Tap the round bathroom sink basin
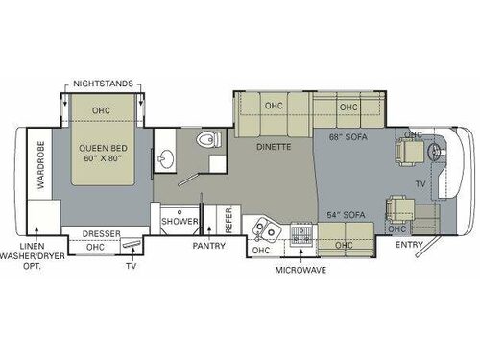point(165,157)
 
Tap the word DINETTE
point(275,149)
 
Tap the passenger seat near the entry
point(398,208)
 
